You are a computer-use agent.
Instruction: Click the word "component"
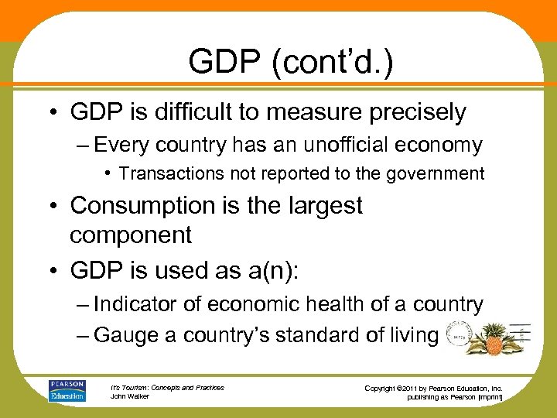pyautogui.click(x=130, y=235)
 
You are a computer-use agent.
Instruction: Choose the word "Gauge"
pyautogui.click(x=121, y=335)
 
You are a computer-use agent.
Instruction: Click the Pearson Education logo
pyautogui.click(x=67, y=390)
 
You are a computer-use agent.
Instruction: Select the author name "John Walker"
pyautogui.click(x=130, y=396)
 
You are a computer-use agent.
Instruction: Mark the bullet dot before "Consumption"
pyautogui.click(x=56, y=207)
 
